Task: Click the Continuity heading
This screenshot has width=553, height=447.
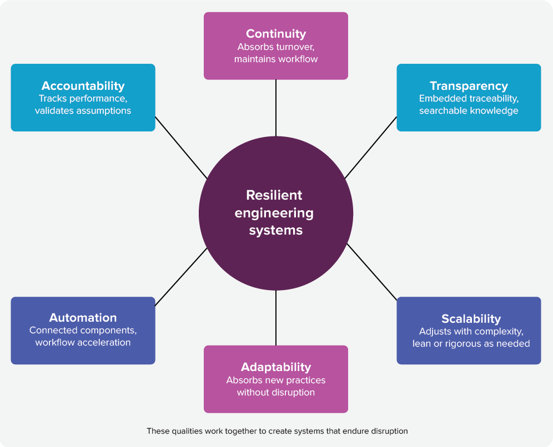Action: (x=276, y=34)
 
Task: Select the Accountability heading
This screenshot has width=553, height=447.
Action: (x=83, y=86)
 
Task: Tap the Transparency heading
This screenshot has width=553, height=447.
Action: (x=469, y=86)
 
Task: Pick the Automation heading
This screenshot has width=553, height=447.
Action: (x=83, y=318)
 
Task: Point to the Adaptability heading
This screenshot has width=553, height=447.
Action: (x=276, y=367)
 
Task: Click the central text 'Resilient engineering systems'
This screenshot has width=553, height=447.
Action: (x=275, y=212)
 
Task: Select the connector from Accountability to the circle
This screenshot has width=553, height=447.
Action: (x=180, y=147)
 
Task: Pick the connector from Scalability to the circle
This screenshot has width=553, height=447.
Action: (x=371, y=271)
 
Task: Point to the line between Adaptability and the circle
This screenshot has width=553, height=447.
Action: (x=276, y=318)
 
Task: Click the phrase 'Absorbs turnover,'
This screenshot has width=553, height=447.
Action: (x=276, y=47)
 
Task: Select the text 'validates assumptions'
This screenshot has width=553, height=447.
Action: (x=83, y=110)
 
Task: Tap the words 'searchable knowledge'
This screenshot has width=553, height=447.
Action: (x=469, y=110)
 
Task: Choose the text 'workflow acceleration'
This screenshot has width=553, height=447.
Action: (x=83, y=342)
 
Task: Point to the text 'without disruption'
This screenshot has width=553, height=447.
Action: (x=276, y=392)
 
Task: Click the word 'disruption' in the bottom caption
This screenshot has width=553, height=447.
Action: (x=387, y=431)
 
